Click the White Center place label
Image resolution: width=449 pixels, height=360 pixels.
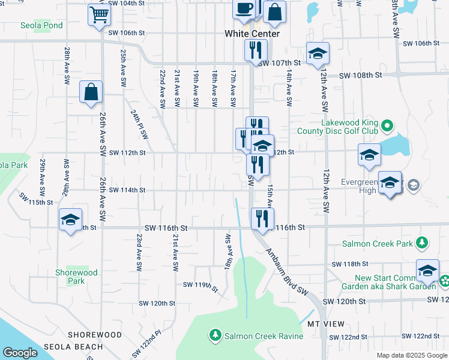[252, 34]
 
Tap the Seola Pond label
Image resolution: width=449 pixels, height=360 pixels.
[41, 26]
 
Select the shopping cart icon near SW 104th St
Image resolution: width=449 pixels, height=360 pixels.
[100, 14]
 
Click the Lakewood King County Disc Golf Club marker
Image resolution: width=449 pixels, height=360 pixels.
[387, 127]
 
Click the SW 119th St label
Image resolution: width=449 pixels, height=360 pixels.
[200, 285]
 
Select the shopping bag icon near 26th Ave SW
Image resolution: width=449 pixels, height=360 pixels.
[91, 92]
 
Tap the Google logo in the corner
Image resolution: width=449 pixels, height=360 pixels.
[20, 353]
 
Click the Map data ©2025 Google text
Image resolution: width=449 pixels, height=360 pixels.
[412, 355]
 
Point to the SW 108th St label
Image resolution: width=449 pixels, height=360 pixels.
[360, 76]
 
